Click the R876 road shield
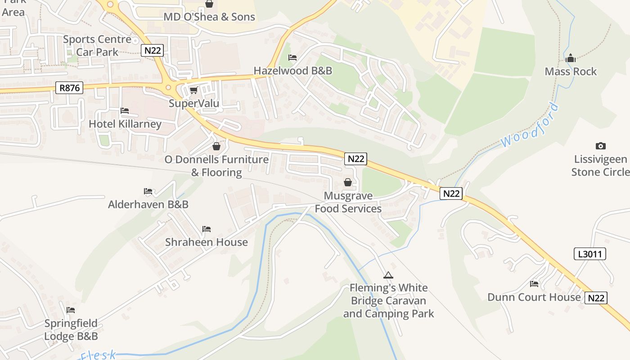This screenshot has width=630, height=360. pos(69,88)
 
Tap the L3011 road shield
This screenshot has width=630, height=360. pos(590,254)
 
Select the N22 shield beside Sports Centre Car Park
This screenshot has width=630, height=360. pos(152,50)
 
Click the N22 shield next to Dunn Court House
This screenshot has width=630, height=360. pos(596,297)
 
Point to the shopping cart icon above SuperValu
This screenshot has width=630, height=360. pos(193,90)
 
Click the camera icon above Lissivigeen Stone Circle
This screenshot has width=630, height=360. pos(600,146)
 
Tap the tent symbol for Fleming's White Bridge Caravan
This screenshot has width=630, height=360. pos(388,275)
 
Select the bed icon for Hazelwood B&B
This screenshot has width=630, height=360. pos(292,58)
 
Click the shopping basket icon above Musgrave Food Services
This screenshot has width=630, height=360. pos(348,182)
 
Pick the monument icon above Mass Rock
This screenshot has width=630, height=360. pos(571,58)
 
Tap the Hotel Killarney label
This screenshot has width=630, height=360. pos(125,124)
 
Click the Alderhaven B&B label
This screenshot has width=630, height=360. pos(148,204)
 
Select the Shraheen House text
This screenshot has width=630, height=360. pos(206,242)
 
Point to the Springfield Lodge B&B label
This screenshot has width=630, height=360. pos(71,330)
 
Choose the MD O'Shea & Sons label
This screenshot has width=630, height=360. pos(209,17)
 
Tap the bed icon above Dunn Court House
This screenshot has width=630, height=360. pos(534,284)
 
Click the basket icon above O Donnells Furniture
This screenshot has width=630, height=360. pos(216,146)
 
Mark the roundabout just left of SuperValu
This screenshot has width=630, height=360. pos(169,87)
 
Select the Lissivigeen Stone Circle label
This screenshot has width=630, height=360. pos(600,166)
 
